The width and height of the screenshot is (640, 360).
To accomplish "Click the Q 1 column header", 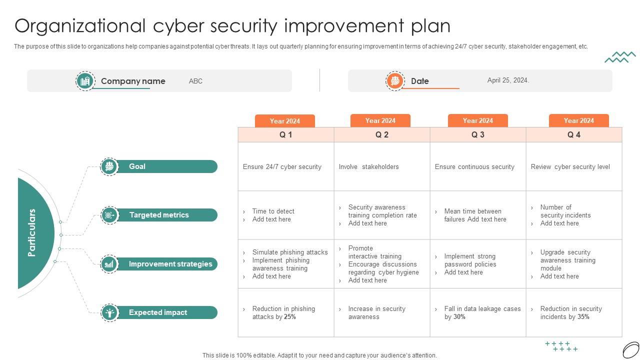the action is [285, 134].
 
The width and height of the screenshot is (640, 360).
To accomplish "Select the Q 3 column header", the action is [477, 134].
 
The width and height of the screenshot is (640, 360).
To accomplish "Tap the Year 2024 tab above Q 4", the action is [578, 120].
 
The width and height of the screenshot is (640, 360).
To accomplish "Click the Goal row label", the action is [137, 166].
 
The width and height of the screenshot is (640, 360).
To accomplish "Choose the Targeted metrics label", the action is [159, 215].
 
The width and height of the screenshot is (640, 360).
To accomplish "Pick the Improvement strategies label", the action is [170, 263].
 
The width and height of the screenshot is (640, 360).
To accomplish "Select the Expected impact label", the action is [158, 312].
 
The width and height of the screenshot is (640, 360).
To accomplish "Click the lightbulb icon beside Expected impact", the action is [109, 312].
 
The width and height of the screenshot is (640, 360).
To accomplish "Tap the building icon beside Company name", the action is [85, 81].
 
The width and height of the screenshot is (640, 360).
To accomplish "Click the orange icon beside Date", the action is [395, 81].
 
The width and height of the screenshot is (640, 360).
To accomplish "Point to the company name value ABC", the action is [195, 81].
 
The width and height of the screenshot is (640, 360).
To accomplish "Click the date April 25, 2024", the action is [508, 80].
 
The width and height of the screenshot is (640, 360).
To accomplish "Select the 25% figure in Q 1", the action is [290, 316].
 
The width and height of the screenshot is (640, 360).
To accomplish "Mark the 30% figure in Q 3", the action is [459, 316].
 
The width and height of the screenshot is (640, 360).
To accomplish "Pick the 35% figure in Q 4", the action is [583, 316].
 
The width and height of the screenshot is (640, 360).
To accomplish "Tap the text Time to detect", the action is [273, 211].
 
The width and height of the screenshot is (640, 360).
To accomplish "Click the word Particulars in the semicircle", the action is [31, 232].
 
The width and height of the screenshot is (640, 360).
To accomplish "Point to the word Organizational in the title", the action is [80, 26].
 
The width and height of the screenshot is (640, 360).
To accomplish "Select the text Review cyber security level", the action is [570, 166].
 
